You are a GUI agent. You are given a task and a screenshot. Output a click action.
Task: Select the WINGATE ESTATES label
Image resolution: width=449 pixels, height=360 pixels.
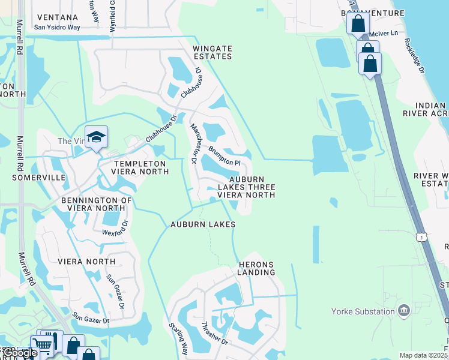[x=212, y=52]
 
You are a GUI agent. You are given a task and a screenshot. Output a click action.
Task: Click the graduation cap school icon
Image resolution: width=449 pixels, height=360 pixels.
[x=96, y=137]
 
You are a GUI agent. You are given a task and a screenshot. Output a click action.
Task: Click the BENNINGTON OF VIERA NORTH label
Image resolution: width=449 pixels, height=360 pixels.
[x=96, y=205]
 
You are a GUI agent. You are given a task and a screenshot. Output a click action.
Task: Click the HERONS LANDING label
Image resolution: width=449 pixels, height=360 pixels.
[x=256, y=268]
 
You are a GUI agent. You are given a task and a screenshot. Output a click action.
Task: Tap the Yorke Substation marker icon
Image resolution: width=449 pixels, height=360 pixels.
[x=403, y=310]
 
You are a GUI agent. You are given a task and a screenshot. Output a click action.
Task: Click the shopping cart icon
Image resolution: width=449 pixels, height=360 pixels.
[x=41, y=345]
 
